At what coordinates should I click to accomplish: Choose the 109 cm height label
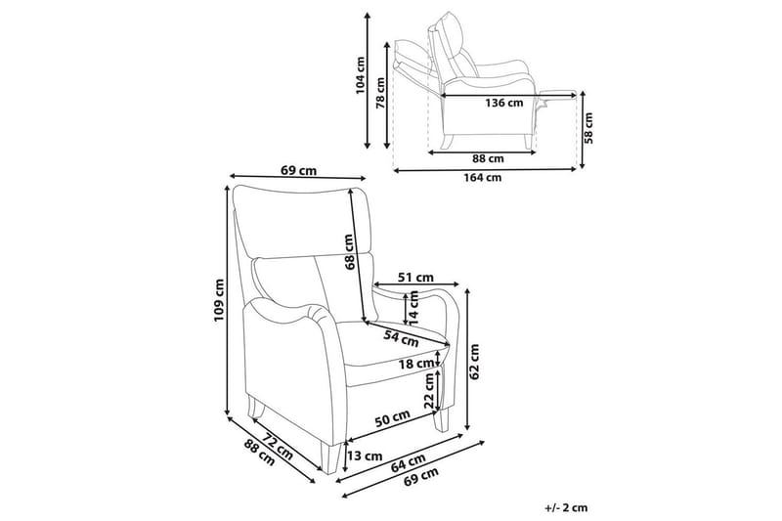point(220,300)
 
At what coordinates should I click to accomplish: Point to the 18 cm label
point(416,365)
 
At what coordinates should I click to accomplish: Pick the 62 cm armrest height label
point(475,361)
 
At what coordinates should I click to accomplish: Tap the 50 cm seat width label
point(391,419)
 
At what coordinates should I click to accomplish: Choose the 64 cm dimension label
point(410,461)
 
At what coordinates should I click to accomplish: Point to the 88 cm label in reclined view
point(487,157)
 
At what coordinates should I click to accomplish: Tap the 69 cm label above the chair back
point(299,170)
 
